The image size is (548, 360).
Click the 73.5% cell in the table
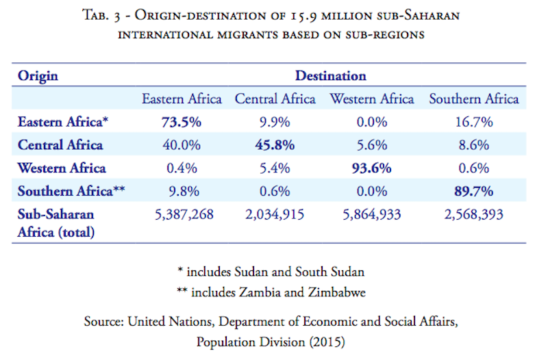point(182,123)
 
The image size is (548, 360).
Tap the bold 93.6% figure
point(372,168)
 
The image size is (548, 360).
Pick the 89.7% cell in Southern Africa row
point(473,192)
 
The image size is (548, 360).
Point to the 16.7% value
point(473,123)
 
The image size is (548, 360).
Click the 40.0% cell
point(182,145)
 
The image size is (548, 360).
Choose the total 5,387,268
point(182,215)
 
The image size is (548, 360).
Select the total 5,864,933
point(372,215)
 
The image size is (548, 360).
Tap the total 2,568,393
point(473,215)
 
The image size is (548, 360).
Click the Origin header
point(38,75)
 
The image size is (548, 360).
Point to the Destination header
point(331,75)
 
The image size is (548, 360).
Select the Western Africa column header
point(372,99)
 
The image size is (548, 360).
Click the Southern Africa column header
point(473,99)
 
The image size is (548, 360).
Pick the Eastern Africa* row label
point(64,123)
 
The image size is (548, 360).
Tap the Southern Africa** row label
point(69,192)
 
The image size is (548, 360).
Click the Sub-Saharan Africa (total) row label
point(57,222)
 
